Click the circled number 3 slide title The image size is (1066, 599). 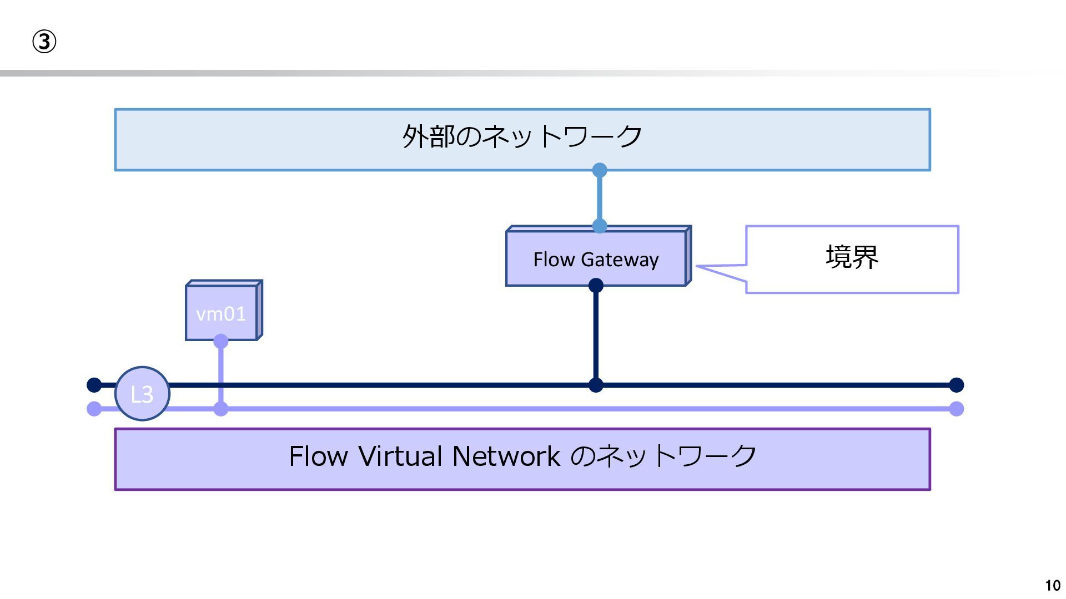click(44, 42)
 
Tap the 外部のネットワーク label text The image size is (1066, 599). click(522, 136)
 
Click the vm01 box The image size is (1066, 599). click(224, 310)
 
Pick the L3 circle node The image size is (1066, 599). click(142, 394)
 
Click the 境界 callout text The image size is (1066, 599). click(852, 257)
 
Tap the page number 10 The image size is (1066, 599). click(1053, 586)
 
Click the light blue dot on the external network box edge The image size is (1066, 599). click(600, 170)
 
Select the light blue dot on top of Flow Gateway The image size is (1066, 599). click(600, 226)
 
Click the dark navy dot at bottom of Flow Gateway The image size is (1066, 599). click(596, 286)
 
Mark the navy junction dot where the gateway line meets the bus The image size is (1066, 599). click(596, 385)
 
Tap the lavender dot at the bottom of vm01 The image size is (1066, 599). click(221, 341)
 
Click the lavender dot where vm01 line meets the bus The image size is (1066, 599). click(221, 409)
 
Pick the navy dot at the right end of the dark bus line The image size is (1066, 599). click(957, 385)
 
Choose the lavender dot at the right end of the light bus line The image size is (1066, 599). click(957, 409)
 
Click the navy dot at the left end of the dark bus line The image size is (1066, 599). click(94, 385)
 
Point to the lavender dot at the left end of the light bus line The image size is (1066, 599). click(94, 409)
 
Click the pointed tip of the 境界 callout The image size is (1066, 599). click(696, 267)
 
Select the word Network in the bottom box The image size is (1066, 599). click(506, 456)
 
